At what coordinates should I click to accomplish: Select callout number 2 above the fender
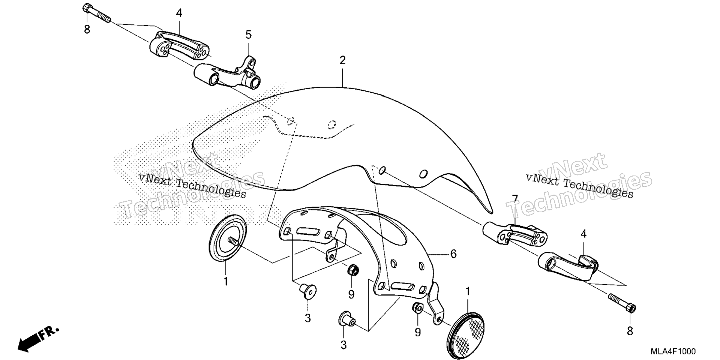pos(342,60)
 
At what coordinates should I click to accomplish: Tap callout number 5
pos(249,35)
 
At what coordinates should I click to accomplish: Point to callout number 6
pos(453,254)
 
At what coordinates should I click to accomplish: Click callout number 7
pos(515,199)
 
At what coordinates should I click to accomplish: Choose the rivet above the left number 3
pos(307,291)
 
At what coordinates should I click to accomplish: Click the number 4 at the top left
pos(179,13)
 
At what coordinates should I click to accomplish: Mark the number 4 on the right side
pos(583,234)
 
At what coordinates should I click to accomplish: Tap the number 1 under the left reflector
pos(226,281)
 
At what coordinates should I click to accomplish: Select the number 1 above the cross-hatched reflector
pos(468,291)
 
